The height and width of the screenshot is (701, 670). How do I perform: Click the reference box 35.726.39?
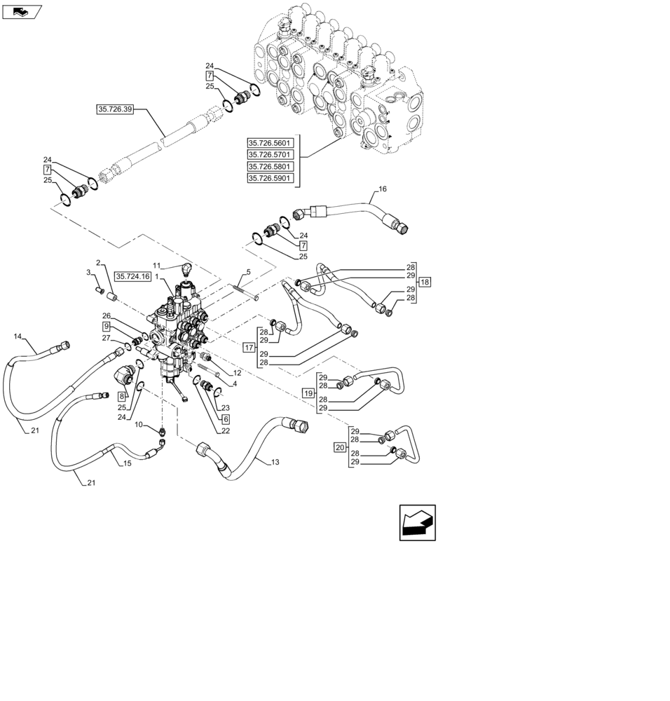[x=116, y=109]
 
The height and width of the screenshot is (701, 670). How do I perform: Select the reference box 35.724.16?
[x=133, y=277]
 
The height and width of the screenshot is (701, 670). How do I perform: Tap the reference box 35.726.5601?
[x=271, y=143]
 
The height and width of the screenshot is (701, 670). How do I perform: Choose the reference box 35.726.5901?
[x=271, y=179]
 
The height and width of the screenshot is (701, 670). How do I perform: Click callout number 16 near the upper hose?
[x=383, y=189]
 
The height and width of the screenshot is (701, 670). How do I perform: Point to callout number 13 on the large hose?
[x=274, y=462]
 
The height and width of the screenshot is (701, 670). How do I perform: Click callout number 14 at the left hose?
[x=18, y=337]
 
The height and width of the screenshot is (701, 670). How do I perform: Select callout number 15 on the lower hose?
[x=127, y=464]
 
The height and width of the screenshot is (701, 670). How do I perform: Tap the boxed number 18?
[x=425, y=282]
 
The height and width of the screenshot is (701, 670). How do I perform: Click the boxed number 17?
[x=249, y=348]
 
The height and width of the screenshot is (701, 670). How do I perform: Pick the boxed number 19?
[x=308, y=393]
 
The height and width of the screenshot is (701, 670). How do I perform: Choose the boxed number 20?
[x=340, y=447]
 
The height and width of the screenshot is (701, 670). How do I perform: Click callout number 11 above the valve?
[x=158, y=266]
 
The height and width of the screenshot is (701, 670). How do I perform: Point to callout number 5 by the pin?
[x=248, y=272]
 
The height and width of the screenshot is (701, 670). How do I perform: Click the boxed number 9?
[x=106, y=327]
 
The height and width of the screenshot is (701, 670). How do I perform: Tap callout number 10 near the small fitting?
[x=139, y=425]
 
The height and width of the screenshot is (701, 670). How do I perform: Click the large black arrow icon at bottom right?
[x=417, y=522]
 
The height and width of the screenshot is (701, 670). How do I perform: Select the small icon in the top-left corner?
[x=22, y=11]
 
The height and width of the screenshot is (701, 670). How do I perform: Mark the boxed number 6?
[x=226, y=419]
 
